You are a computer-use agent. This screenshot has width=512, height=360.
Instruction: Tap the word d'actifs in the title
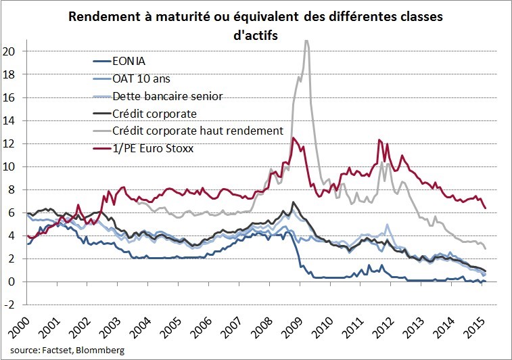(256, 33)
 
